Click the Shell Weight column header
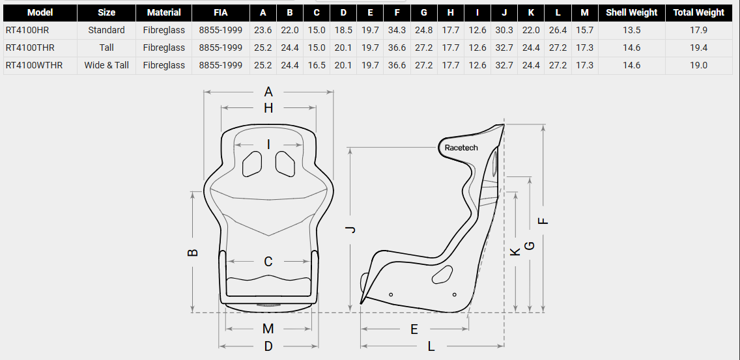point(631,12)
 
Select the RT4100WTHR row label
point(34,65)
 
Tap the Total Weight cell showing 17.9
point(698,30)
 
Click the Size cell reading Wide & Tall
point(106,65)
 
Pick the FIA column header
point(220,12)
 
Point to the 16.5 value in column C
point(316,65)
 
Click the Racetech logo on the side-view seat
point(461,148)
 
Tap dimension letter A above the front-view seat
point(268,92)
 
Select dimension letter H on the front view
point(268,108)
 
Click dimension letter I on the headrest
point(268,144)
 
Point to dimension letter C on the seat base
point(268,262)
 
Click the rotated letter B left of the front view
point(193,252)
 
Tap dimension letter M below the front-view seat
point(268,329)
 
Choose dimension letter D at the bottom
point(268,346)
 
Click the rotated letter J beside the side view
point(350,229)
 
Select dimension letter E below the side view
point(414,329)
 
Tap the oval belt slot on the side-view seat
point(443,274)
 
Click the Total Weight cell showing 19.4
point(698,48)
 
